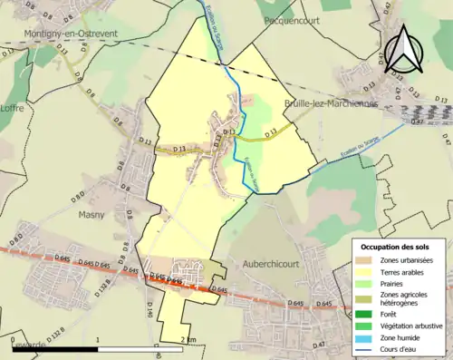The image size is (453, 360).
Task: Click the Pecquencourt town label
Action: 286,18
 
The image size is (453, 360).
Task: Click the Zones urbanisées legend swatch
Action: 369,260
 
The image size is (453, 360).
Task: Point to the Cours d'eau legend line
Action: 369,347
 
